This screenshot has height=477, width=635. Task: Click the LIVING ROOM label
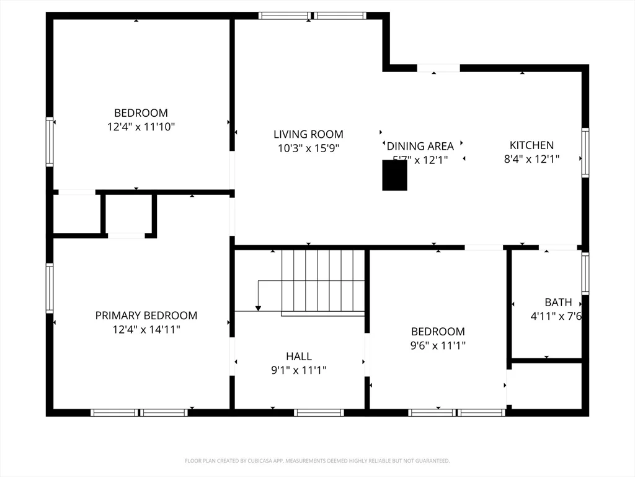(x=308, y=134)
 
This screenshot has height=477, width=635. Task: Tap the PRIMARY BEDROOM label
(x=146, y=316)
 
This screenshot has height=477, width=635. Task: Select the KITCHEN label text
(x=531, y=145)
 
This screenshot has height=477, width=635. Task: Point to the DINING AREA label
(x=420, y=147)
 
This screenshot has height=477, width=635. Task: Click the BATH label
(x=558, y=302)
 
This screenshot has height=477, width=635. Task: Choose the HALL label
(x=299, y=357)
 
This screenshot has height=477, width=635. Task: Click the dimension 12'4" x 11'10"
(x=141, y=127)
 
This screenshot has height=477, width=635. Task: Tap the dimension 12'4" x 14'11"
(x=146, y=330)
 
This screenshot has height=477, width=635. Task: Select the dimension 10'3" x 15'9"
(x=308, y=148)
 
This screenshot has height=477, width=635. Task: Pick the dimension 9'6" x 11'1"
(x=438, y=346)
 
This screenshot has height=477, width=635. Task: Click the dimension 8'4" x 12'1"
(x=531, y=159)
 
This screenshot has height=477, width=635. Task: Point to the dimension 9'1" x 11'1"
(x=299, y=371)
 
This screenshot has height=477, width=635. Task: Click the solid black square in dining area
(x=394, y=177)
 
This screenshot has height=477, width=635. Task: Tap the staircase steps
(x=322, y=281)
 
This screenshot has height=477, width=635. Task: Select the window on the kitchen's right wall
(x=585, y=153)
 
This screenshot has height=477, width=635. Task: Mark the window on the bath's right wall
(x=585, y=274)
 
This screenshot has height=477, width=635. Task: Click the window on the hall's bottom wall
(x=319, y=412)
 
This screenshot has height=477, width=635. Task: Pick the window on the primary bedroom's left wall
(x=50, y=288)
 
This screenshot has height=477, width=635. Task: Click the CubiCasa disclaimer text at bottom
(x=317, y=461)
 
